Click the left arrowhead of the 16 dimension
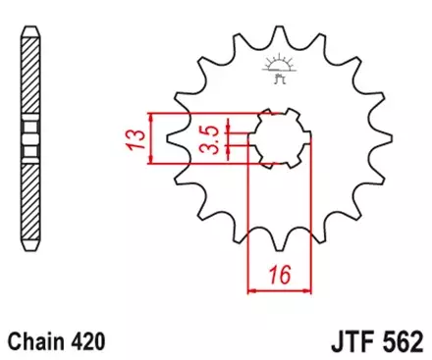(x=251, y=290)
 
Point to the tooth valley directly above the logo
(x=278, y=43)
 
